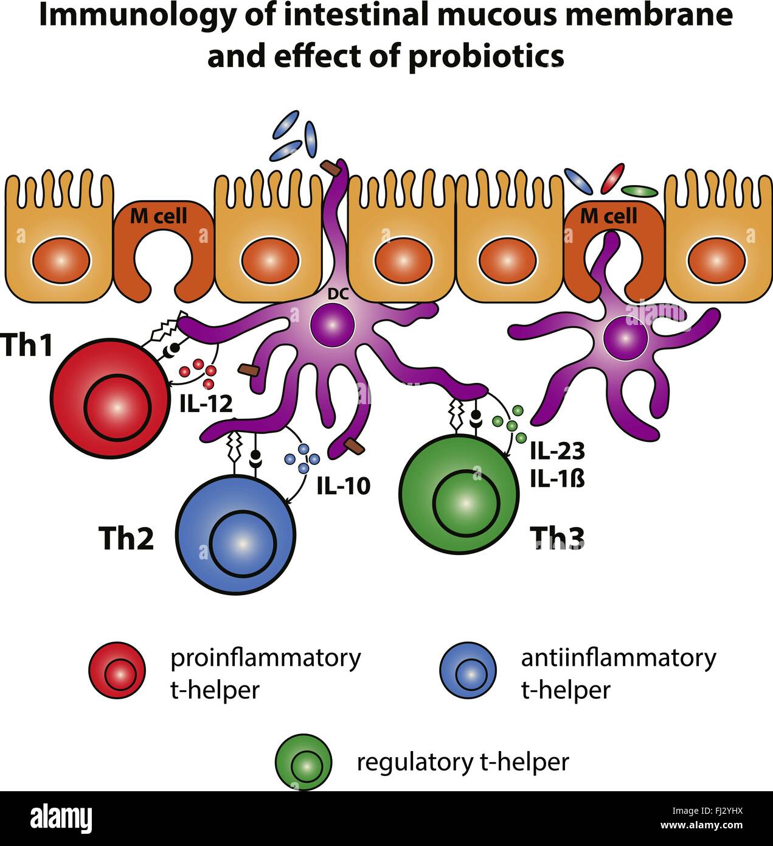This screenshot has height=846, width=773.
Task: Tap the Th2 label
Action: [x=126, y=538]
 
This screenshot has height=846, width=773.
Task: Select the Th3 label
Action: [x=557, y=537]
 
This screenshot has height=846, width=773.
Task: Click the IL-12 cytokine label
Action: [x=206, y=404]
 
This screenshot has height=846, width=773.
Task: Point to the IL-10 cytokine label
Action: [x=343, y=486]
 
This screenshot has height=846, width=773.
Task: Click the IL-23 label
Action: [x=557, y=451]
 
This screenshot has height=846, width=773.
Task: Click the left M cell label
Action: [x=159, y=215]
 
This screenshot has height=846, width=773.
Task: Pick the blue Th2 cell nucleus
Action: [x=243, y=543]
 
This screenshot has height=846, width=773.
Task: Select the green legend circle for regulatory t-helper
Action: [x=303, y=762]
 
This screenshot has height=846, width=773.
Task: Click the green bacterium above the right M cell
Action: [x=640, y=191]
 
